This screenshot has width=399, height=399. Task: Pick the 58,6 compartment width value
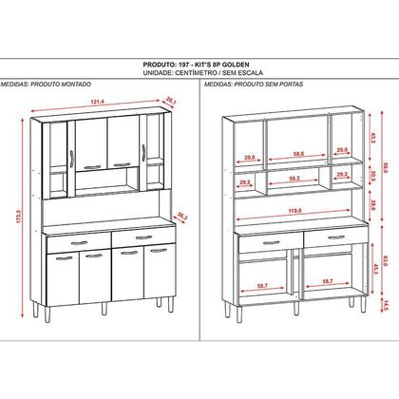pyautogui.click(x=296, y=155)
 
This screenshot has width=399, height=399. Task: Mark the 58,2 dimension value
pyautogui.click(x=296, y=178)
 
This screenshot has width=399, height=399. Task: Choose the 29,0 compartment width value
pyautogui.click(x=248, y=156)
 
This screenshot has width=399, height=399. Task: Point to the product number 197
pyautogui.click(x=176, y=59)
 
